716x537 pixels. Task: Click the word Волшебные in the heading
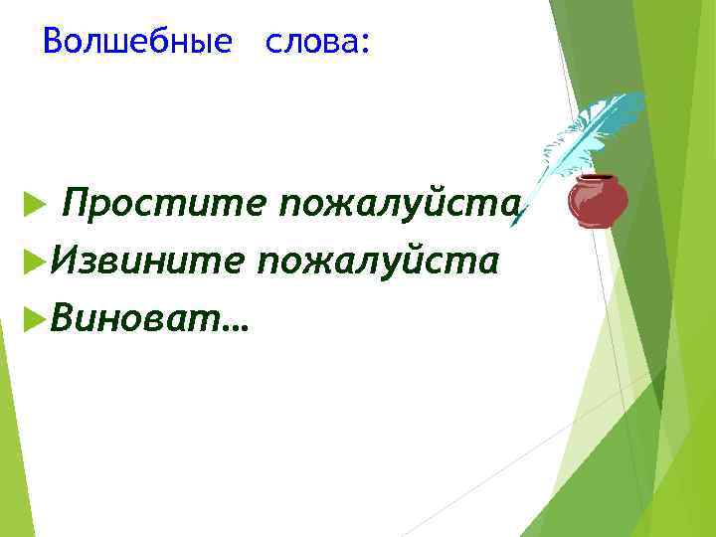pyautogui.click(x=138, y=42)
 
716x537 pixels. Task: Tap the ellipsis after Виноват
pyautogui.click(x=238, y=324)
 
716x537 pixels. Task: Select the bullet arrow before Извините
pyautogui.click(x=32, y=262)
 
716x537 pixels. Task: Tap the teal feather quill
pyautogui.click(x=587, y=139)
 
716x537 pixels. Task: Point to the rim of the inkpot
pyautogui.click(x=598, y=179)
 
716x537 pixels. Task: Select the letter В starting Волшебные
pyautogui.click(x=54, y=42)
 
